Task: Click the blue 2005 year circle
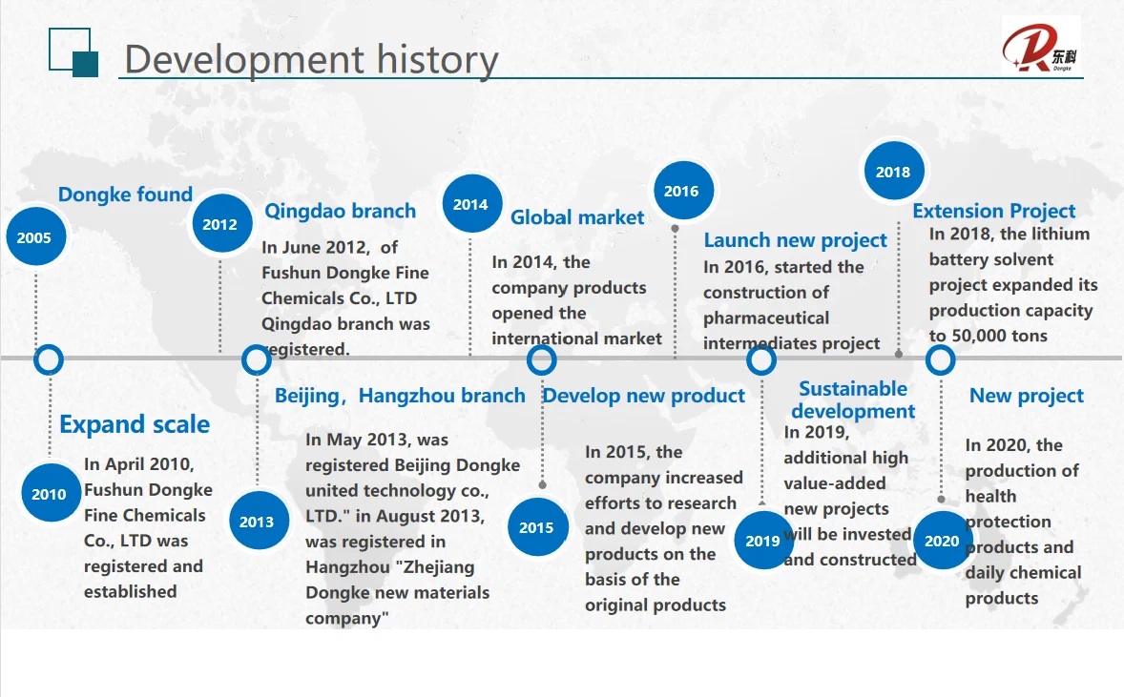(x=34, y=237)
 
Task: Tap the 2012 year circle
(x=220, y=223)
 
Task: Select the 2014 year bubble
(x=471, y=204)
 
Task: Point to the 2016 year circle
(x=681, y=191)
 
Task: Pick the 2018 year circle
(x=893, y=172)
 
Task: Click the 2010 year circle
(x=50, y=494)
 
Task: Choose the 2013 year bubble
(x=258, y=521)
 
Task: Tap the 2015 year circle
(x=537, y=527)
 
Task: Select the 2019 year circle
(x=762, y=540)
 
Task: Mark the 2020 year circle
(x=942, y=540)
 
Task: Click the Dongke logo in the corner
(x=1039, y=48)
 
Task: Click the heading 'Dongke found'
(x=125, y=195)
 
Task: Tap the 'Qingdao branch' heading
(x=341, y=211)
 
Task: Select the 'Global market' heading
(x=577, y=217)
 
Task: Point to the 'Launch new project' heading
(x=795, y=240)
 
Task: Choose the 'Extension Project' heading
(x=993, y=211)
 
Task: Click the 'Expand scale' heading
(x=135, y=424)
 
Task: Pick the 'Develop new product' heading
(x=644, y=396)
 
